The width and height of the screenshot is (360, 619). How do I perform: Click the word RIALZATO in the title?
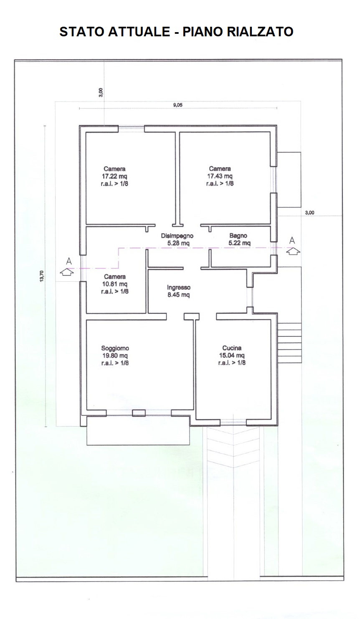[x=260, y=32]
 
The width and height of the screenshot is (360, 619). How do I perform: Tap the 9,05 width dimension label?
[x=178, y=105]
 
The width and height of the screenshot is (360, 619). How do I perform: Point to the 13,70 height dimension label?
[x=42, y=276]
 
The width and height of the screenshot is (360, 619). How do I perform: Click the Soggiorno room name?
[x=115, y=348]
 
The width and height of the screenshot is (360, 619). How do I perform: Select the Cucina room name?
[x=232, y=348]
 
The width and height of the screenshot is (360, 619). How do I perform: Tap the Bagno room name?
[x=238, y=236]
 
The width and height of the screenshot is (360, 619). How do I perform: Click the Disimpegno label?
[x=177, y=236]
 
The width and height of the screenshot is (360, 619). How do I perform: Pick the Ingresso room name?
[x=179, y=288]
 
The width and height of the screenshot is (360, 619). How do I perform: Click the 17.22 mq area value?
[x=114, y=176]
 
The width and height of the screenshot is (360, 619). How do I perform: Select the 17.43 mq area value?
[x=220, y=176]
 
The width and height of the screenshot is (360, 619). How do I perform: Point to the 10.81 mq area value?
[x=115, y=284]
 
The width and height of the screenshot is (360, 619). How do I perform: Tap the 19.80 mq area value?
[x=115, y=356]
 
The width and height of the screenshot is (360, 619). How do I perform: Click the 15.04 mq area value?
[x=232, y=355]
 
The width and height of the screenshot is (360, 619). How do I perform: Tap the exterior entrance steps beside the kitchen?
[x=289, y=343]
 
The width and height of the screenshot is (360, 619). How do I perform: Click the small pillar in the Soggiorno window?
[x=139, y=413]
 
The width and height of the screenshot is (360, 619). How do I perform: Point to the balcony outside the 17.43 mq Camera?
[x=289, y=179]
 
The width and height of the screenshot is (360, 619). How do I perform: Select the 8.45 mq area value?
[x=179, y=295]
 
